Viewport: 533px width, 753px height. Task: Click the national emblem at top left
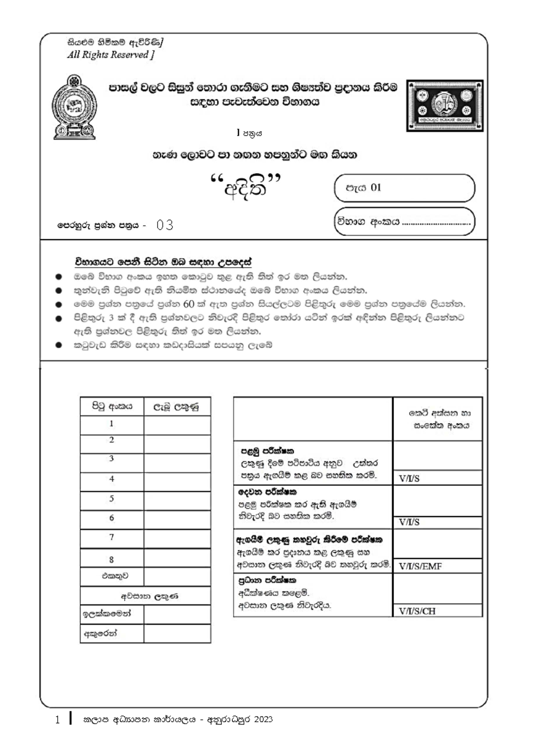pos(74,107)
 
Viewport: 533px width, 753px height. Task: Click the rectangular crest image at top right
pos(445,106)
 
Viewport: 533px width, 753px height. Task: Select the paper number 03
pos(165,225)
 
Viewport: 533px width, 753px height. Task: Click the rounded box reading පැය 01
pos(404,188)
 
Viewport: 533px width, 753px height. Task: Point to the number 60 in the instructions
pos(188,304)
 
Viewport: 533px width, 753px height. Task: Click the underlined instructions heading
pos(163,262)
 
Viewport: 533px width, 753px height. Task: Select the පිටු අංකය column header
pos(112,406)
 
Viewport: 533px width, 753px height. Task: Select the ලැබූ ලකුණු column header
pos(177,406)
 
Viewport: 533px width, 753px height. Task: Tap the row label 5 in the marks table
pos(111,499)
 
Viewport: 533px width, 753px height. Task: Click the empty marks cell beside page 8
pos(177,558)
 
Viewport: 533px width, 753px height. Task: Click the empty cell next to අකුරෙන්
pos(177,634)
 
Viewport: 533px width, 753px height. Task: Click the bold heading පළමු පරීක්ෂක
pos(267,451)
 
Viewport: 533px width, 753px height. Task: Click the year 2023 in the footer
pos(263,720)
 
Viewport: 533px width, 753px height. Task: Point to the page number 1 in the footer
pos(57,720)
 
